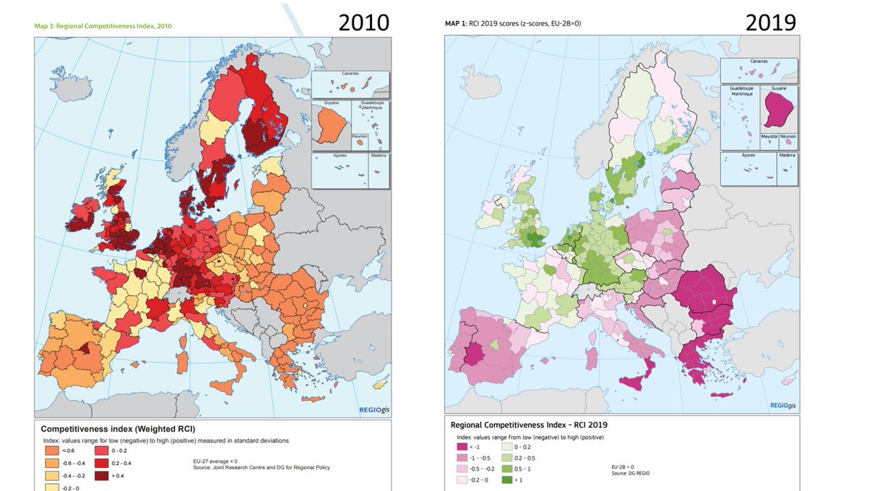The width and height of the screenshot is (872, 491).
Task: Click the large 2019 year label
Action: (x=770, y=22)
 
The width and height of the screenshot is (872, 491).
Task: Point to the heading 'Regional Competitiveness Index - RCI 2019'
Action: (x=529, y=424)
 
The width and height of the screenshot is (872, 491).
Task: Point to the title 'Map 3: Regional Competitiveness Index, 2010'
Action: (x=103, y=25)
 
